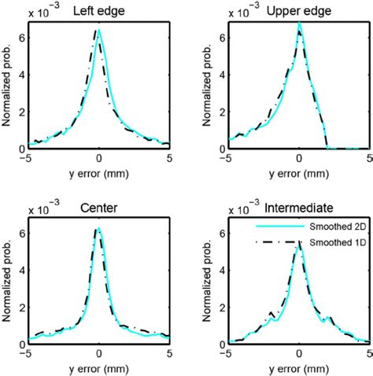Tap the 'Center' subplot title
click(x=98, y=209)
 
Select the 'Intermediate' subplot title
click(x=300, y=209)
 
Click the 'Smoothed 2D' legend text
click(x=330, y=227)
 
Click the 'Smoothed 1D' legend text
click(x=330, y=244)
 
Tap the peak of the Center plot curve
click(x=98, y=229)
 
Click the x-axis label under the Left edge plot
click(x=98, y=171)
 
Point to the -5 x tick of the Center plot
click(x=28, y=355)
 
